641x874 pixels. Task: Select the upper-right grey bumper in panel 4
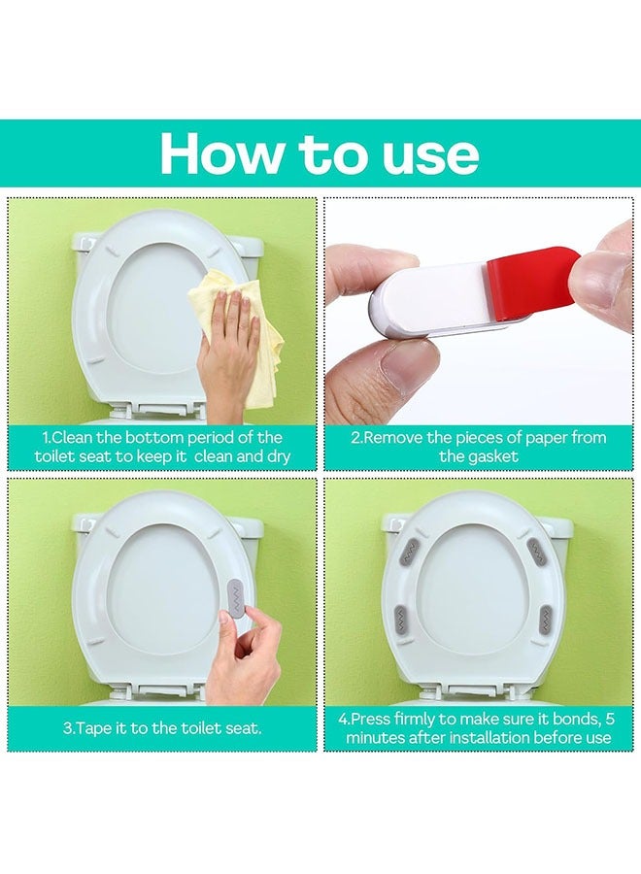click(x=537, y=552)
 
